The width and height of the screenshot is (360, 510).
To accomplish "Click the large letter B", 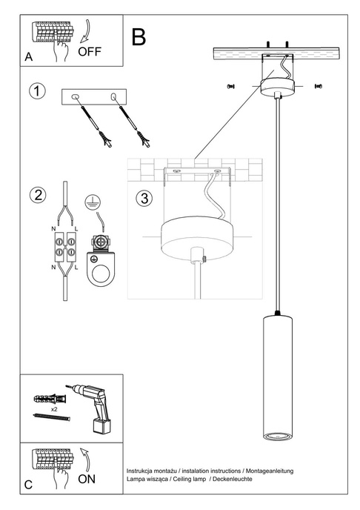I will (x=138, y=37).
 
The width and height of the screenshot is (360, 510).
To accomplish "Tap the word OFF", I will (x=89, y=52).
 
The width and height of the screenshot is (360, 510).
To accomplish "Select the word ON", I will (x=86, y=480).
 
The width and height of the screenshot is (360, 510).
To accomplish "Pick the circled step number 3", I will (x=144, y=199).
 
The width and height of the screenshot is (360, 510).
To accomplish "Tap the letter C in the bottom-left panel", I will (x=28, y=485).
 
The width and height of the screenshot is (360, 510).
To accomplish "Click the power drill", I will (x=95, y=407).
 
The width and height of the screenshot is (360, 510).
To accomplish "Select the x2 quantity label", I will (x=54, y=408).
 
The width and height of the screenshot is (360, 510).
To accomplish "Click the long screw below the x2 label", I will (x=52, y=419).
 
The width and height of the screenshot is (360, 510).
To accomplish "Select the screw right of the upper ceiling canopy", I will (x=319, y=86).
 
